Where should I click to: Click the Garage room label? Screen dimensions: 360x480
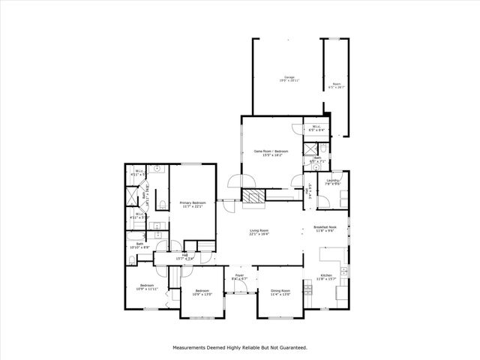point(289,79)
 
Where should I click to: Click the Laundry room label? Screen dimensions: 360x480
point(334,182)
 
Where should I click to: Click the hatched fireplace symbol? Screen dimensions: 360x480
point(253,196)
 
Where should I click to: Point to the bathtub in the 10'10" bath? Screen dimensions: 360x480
point(131,259)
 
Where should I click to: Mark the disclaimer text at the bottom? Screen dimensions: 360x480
point(240,348)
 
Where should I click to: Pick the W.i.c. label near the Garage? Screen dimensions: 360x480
point(316,127)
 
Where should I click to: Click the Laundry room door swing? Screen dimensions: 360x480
point(323,198)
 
